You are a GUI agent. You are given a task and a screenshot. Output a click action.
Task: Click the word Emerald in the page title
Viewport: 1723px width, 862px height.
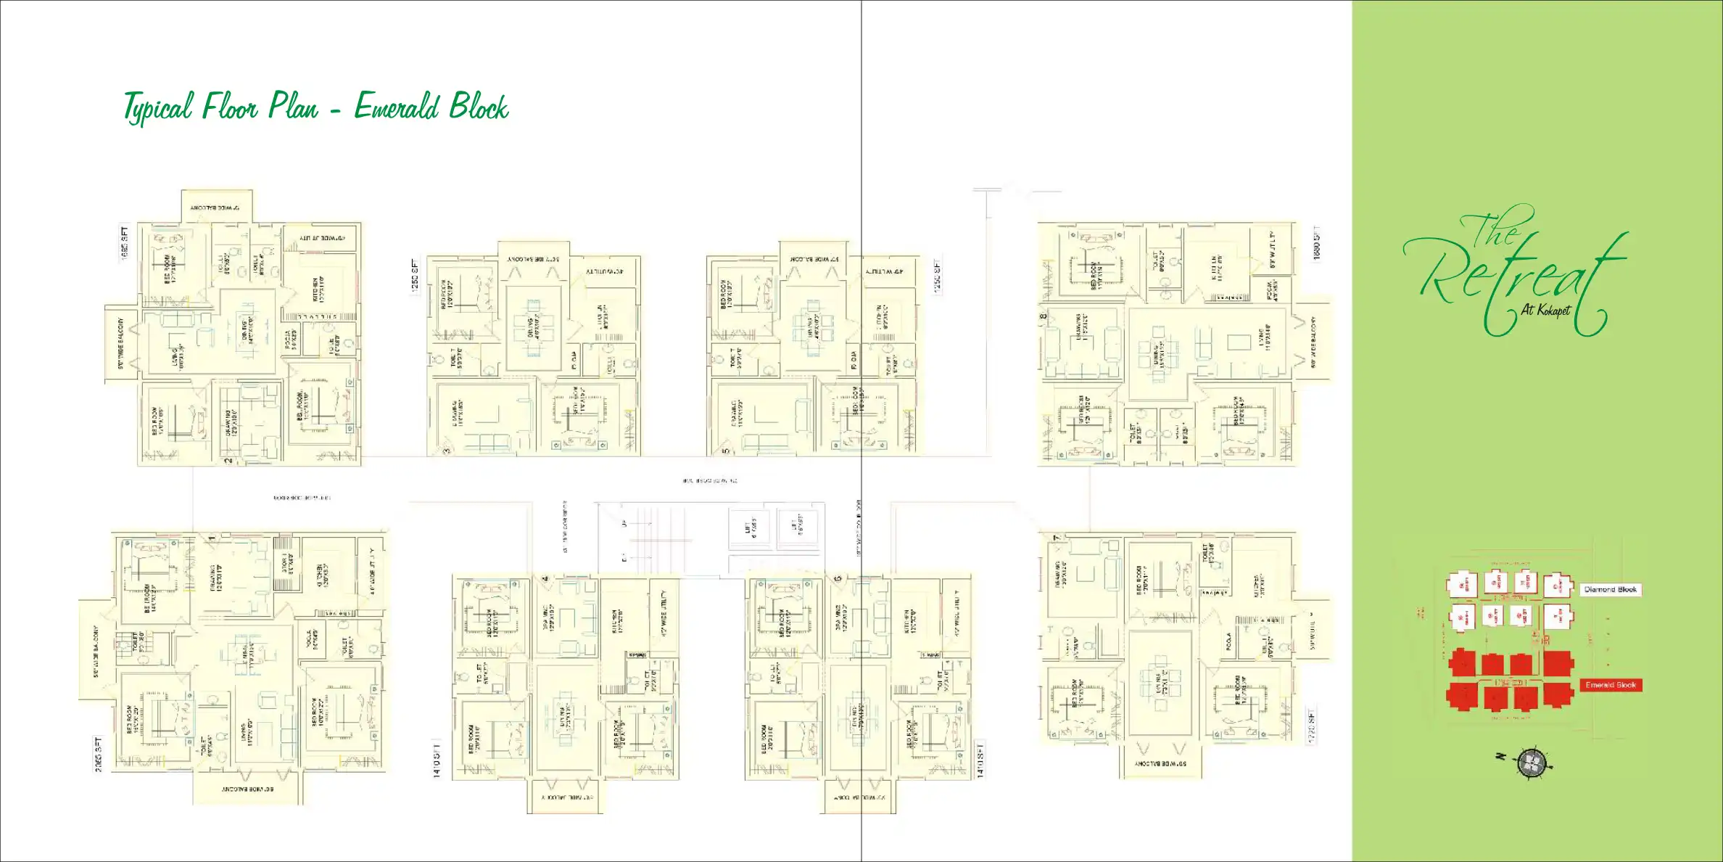[396, 107]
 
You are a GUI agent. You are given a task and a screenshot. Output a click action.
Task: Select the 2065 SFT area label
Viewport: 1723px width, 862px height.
[98, 754]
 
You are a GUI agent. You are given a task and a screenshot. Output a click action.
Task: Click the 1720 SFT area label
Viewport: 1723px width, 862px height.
[1310, 726]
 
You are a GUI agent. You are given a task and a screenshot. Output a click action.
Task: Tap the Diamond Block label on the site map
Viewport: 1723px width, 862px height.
[1610, 590]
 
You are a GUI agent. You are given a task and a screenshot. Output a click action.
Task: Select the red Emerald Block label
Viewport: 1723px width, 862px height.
[1610, 685]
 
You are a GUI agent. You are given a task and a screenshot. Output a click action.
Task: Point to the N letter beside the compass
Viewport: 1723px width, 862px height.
[1501, 757]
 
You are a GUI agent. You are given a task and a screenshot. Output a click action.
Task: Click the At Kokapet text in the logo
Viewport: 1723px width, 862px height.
[1545, 310]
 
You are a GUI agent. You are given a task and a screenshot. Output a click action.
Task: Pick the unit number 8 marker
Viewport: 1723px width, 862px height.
[1044, 316]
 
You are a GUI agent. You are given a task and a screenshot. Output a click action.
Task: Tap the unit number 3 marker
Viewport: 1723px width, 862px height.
[447, 451]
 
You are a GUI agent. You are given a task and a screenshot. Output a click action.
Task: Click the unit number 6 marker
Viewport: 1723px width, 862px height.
[838, 579]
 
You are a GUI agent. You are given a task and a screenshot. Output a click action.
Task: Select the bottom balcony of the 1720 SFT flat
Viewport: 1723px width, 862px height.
[1160, 763]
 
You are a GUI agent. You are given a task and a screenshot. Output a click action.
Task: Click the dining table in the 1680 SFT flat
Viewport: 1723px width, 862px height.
[1160, 353]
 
